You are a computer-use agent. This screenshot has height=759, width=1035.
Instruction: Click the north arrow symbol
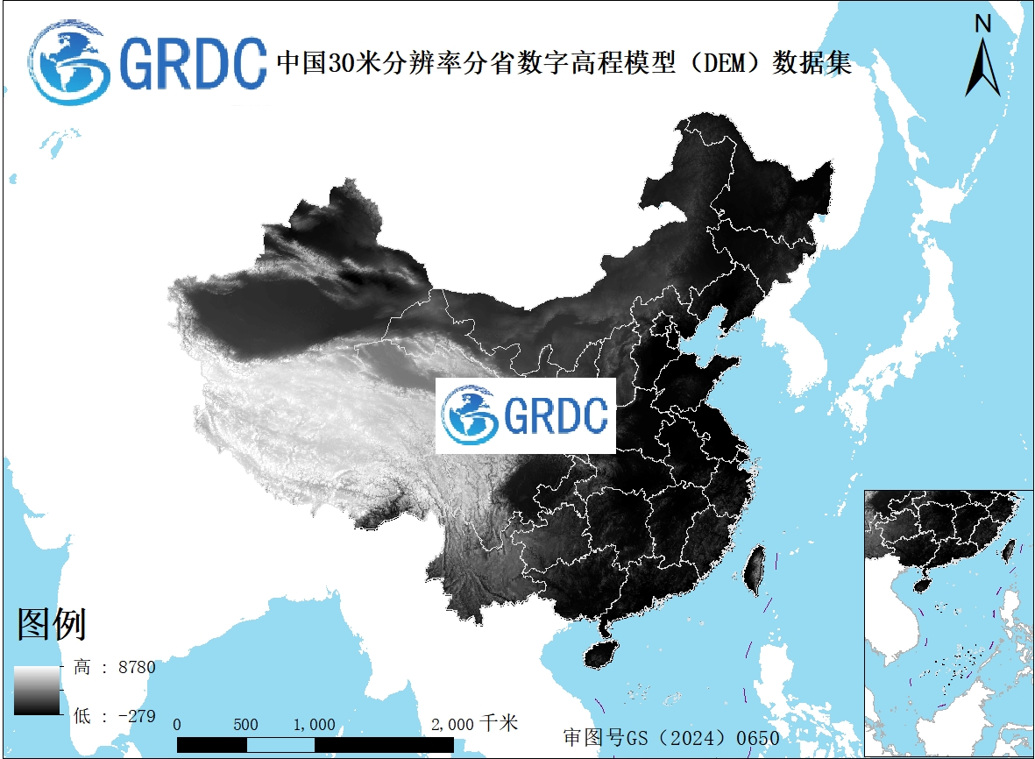(983, 68)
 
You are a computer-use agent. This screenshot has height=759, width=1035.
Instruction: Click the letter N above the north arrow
(983, 25)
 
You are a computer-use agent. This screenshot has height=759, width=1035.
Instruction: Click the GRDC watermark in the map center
(526, 415)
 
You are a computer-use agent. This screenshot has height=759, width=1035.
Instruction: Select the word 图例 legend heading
(52, 624)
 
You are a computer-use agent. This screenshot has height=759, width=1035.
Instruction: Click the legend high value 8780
(136, 668)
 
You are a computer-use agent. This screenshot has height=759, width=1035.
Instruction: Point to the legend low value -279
(136, 716)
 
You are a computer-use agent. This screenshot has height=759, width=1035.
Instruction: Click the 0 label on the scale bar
(178, 725)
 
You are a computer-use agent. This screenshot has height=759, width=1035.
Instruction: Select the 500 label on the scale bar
(246, 725)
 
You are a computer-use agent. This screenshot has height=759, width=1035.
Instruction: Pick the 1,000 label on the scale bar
(314, 725)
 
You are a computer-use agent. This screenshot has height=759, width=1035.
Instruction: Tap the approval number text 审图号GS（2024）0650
(670, 738)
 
